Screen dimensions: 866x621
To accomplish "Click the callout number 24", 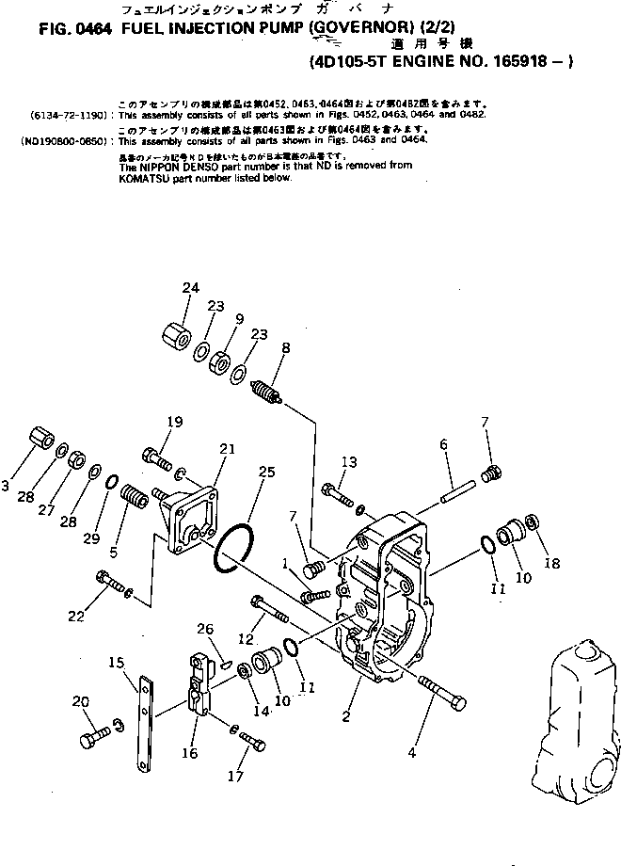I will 192,287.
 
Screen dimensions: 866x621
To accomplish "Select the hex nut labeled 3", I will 39,442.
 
